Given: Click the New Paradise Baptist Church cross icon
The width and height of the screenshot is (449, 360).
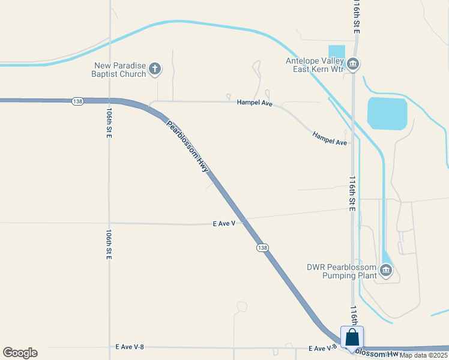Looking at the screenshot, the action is (x=155, y=69).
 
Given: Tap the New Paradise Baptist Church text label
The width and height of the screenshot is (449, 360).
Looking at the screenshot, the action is (x=119, y=70).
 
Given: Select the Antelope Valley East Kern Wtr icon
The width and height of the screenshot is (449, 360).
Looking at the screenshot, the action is (x=353, y=63).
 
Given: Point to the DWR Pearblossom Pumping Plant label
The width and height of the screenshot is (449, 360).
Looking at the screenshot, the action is (x=341, y=271).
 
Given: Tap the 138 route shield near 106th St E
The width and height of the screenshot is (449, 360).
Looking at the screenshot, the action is (x=77, y=101).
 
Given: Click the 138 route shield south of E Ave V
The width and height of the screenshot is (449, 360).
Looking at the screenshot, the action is (x=262, y=247).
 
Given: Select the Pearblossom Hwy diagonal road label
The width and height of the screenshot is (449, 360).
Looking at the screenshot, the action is (x=188, y=146).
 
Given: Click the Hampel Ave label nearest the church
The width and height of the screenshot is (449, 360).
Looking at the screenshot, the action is (x=255, y=104).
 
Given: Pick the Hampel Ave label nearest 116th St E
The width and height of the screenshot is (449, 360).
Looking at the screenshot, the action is (x=330, y=139).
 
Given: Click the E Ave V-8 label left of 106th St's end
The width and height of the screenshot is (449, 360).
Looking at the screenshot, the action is (x=130, y=347).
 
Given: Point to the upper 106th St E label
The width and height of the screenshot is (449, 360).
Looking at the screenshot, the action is (x=109, y=124).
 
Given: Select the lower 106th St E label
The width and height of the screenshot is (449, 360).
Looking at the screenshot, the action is (x=109, y=244).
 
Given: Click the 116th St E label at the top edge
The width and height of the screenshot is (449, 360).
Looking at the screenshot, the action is (x=356, y=16).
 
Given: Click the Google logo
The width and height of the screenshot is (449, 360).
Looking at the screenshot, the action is (x=20, y=353).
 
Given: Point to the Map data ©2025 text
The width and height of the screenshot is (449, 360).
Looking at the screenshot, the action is (x=424, y=355).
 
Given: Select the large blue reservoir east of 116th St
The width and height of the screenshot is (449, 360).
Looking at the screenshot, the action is (x=387, y=113).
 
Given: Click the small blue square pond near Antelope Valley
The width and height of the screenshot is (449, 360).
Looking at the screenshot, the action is (x=337, y=52).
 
